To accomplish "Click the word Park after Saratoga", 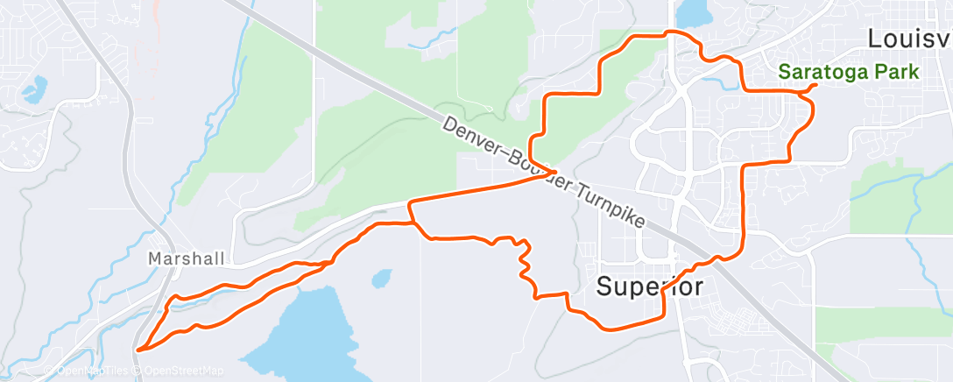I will click(896, 73).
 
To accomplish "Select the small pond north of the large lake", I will click(381, 279).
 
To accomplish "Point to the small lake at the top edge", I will click(693, 11).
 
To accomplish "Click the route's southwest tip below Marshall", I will click(138, 350).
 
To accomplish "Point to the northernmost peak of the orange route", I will click(670, 32).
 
